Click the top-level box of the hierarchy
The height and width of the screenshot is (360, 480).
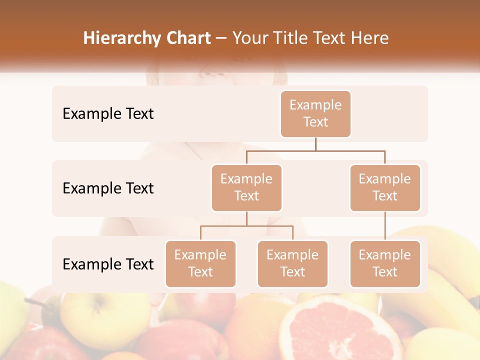(x=315, y=113)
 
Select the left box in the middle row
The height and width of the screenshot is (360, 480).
(x=246, y=187)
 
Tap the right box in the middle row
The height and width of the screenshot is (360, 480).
(x=384, y=187)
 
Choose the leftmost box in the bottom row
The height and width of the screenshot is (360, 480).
(x=200, y=263)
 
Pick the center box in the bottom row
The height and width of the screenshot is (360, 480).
(x=292, y=263)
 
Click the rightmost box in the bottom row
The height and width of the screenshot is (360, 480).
(x=384, y=263)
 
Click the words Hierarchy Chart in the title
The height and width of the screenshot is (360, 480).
(x=147, y=38)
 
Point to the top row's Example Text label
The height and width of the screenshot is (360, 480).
(x=108, y=114)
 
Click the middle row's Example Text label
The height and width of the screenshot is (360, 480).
(x=108, y=188)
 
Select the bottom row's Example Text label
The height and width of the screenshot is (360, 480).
(x=108, y=264)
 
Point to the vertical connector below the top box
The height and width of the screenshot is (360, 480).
(x=315, y=144)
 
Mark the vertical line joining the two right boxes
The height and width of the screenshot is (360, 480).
(x=385, y=225)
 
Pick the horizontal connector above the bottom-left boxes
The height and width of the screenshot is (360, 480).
(x=246, y=226)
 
